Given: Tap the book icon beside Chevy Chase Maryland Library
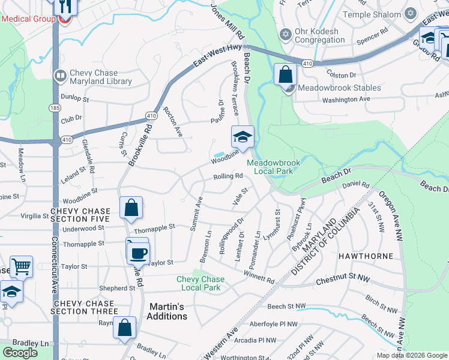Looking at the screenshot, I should [60, 76].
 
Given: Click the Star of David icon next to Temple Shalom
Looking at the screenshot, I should [411, 13].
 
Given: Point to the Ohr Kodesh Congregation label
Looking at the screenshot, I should [319, 35].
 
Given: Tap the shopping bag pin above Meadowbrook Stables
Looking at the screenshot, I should [286, 75].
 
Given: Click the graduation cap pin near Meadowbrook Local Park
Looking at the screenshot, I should [243, 137].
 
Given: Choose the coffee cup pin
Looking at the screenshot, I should [138, 251].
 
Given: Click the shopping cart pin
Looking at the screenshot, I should [21, 266].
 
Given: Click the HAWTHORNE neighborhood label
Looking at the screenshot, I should [366, 256].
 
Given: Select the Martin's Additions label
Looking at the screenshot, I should [167, 311].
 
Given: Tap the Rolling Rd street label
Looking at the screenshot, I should [228, 176].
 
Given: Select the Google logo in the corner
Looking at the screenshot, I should [20, 353].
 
